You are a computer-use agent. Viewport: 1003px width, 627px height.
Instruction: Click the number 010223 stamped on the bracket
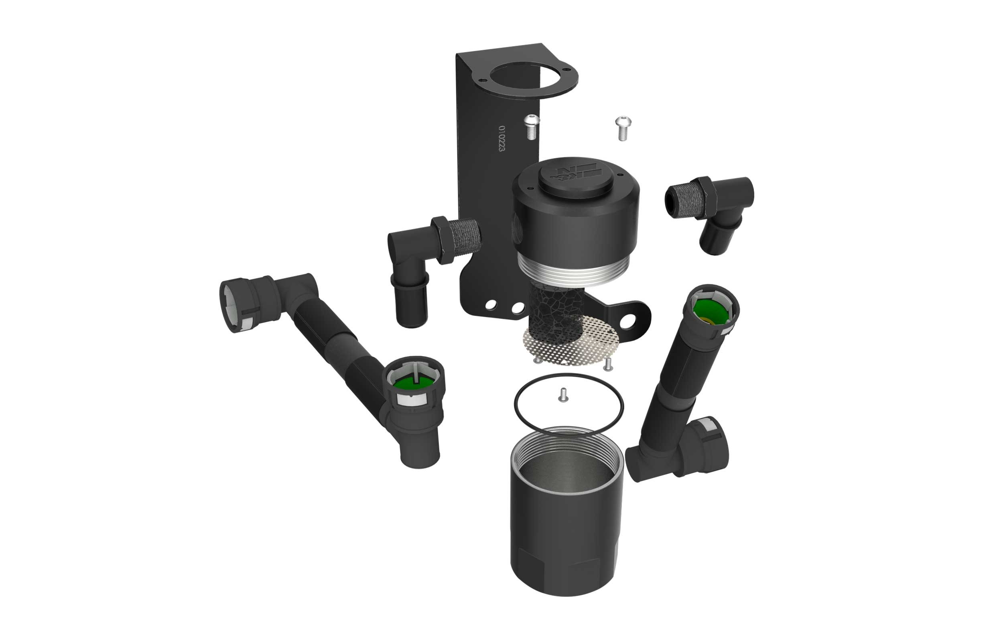502,138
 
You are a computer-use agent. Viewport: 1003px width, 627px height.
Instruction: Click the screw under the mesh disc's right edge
608,365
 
